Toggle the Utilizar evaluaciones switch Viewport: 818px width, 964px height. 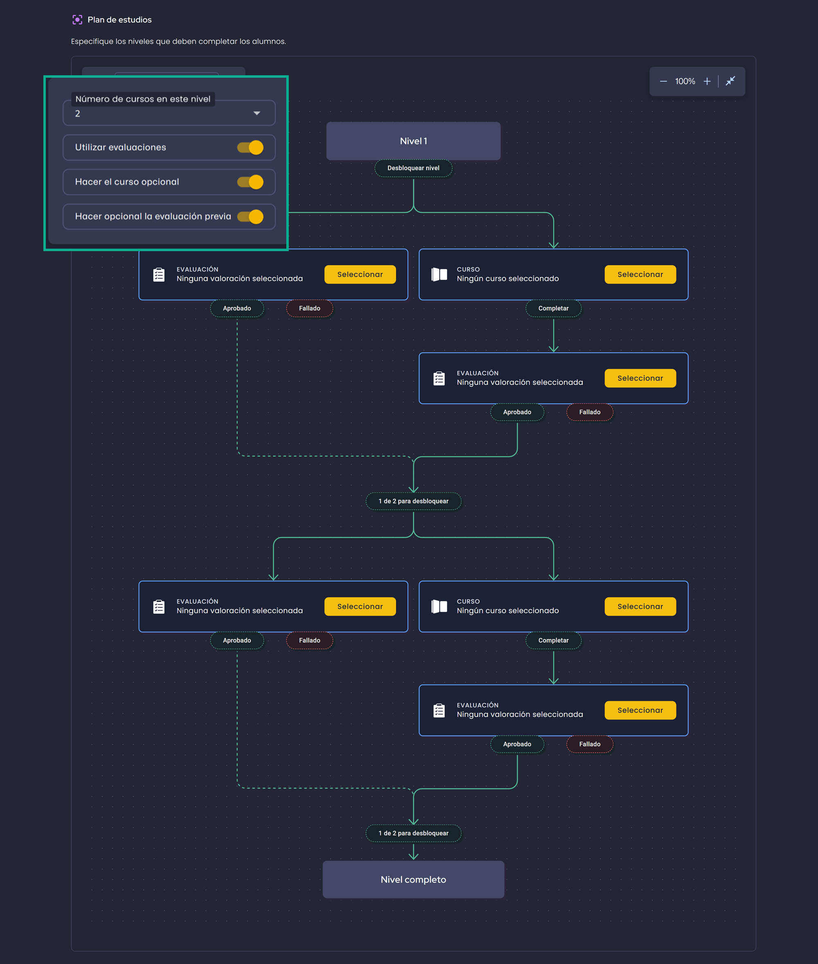[250, 148]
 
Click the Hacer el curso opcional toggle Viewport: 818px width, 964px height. [250, 182]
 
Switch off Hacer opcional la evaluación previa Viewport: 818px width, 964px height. [250, 216]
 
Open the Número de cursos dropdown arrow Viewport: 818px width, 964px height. [256, 114]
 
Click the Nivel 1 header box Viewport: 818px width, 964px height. [413, 141]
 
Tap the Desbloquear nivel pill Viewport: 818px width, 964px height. [413, 168]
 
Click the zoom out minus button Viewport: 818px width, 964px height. [663, 81]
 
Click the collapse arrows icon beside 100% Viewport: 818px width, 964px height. [730, 81]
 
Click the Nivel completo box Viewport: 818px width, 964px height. [413, 880]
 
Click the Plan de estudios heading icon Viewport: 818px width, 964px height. [77, 20]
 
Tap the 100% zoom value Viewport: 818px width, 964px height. [685, 81]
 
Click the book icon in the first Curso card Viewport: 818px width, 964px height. [439, 274]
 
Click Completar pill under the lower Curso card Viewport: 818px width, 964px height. [553, 640]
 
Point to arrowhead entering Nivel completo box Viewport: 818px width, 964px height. [413, 857]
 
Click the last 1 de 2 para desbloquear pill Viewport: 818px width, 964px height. [413, 833]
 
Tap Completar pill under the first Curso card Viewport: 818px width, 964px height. [553, 308]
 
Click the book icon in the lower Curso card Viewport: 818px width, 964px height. [439, 607]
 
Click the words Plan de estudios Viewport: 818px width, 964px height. [120, 20]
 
